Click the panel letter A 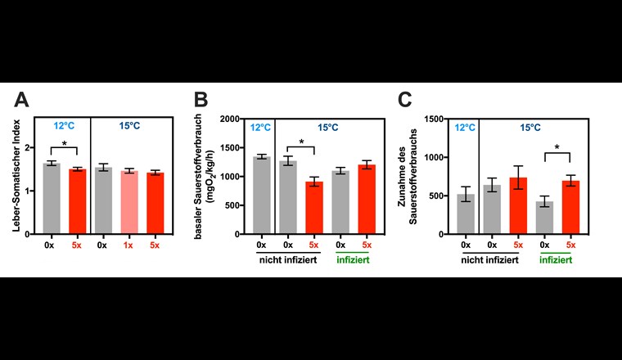tap(22, 101)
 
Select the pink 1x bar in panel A tap(128, 203)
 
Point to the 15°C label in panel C tap(531, 128)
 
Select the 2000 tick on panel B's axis tap(235, 119)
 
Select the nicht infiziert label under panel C tap(491, 259)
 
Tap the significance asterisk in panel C tap(557, 148)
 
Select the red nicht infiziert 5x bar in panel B tap(313, 208)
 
